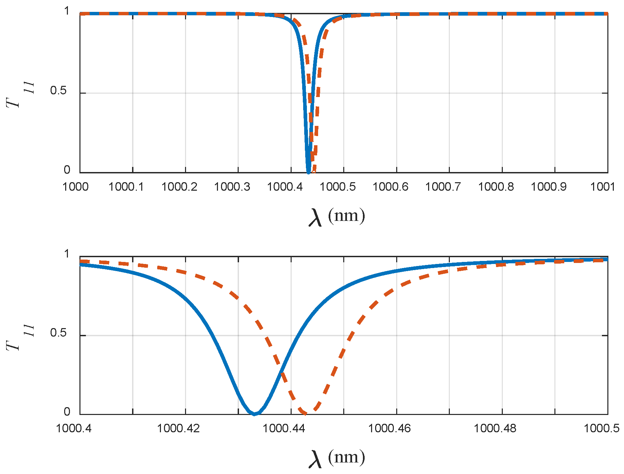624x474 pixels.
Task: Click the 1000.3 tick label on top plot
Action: (232, 187)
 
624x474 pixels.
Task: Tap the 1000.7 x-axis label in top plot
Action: (443, 187)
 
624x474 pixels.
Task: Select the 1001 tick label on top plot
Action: (603, 187)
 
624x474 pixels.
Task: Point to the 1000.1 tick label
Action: (126, 187)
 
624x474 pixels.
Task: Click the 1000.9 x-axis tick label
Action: (549, 187)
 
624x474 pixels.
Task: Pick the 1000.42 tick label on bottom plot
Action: (178, 429)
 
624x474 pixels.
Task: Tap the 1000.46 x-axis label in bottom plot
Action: (389, 429)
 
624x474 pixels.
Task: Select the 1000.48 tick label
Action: (495, 429)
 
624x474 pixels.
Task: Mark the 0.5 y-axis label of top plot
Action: (58, 91)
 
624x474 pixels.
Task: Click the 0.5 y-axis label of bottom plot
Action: (58, 333)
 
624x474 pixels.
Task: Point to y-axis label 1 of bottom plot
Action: (67, 253)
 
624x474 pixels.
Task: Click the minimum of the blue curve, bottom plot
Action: (255, 414)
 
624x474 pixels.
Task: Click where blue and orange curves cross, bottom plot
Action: (281, 371)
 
